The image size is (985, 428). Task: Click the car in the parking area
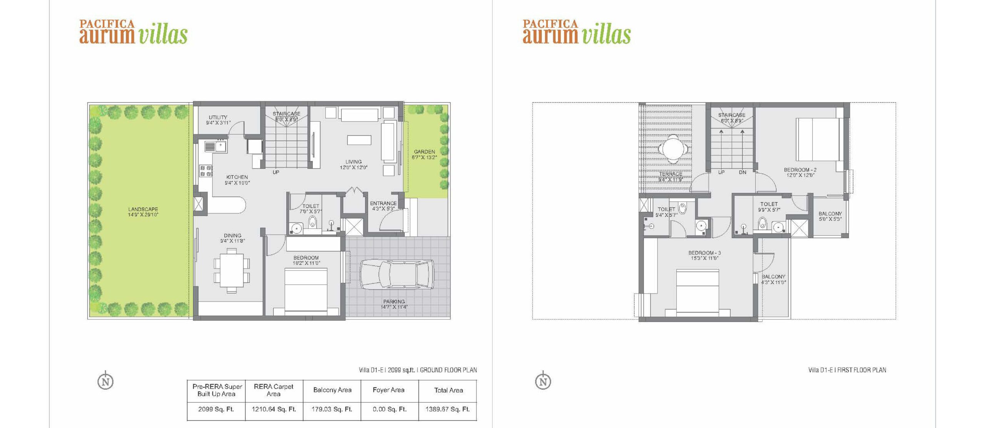(397, 274)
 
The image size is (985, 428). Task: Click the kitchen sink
(215, 146)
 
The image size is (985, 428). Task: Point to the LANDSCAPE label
(143, 210)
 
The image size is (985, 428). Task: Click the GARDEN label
(424, 152)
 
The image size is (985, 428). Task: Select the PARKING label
(394, 302)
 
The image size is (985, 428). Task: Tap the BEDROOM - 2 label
(800, 170)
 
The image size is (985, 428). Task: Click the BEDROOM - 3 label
(705, 253)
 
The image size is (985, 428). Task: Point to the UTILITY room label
(218, 117)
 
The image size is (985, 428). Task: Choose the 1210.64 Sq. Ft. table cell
(274, 409)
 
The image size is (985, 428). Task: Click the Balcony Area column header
(332, 390)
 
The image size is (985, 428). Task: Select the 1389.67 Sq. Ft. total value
(447, 409)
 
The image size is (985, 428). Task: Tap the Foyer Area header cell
(389, 390)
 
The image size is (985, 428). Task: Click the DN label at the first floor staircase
(743, 173)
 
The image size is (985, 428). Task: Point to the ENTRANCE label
(383, 203)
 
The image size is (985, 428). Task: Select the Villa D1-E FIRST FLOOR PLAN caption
(847, 370)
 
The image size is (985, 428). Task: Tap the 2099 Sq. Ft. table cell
(216, 409)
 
